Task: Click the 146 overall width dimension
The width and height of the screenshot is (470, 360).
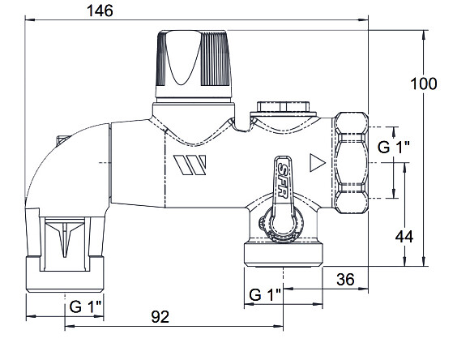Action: [x=100, y=11]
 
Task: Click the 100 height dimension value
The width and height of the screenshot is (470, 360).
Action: [x=423, y=84]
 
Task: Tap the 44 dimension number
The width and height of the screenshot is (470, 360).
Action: [x=404, y=237]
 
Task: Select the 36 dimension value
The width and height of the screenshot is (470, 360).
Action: [x=345, y=280]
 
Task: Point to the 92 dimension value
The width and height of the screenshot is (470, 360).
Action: [x=160, y=317]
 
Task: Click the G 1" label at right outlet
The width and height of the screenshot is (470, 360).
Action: [x=393, y=147]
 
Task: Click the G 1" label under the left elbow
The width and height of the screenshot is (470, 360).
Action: [x=85, y=306]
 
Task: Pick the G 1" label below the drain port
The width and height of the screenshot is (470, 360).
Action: [x=265, y=294]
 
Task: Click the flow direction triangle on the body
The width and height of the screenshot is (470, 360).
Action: [x=318, y=163]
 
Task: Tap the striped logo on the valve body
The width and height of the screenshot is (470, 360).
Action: [x=190, y=165]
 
